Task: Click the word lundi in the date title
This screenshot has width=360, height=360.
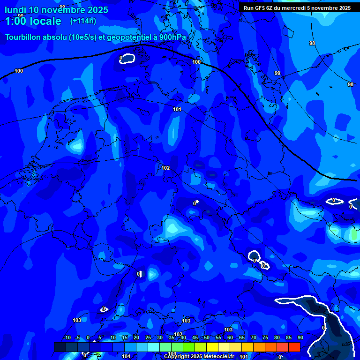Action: click(x=15, y=10)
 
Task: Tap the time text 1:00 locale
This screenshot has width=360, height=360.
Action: click(x=33, y=21)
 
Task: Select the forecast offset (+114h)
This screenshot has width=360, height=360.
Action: click(x=83, y=21)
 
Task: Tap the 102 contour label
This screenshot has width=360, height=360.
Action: click(x=165, y=168)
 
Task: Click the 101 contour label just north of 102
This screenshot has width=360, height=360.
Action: click(x=177, y=109)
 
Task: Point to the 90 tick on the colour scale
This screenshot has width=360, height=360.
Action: click(x=300, y=338)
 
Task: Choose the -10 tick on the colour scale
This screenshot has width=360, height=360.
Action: click(x=67, y=338)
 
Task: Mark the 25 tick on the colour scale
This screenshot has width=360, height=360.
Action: click(x=148, y=338)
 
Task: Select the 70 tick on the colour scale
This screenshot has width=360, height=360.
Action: click(x=253, y=338)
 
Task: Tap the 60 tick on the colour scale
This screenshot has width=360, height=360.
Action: click(x=230, y=338)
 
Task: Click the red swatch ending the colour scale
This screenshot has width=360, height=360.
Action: click(x=294, y=347)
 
